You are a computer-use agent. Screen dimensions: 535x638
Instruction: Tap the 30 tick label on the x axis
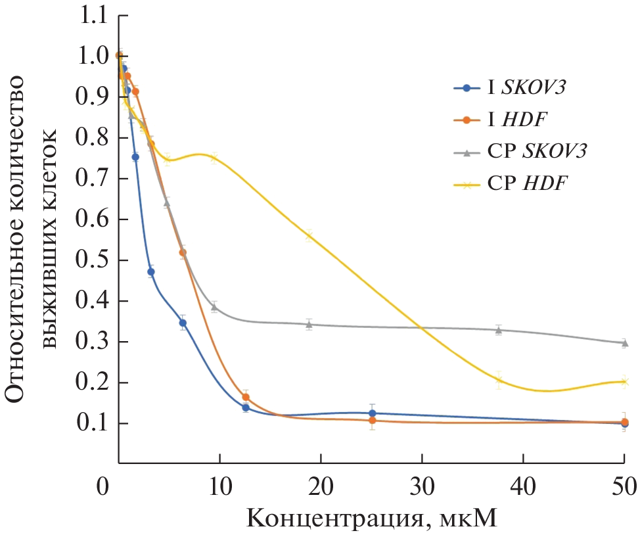pyautogui.click(x=422, y=488)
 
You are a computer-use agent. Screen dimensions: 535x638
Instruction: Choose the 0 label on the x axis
pyautogui.click(x=103, y=488)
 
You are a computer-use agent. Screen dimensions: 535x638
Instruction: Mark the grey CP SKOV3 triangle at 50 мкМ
pyautogui.click(x=624, y=342)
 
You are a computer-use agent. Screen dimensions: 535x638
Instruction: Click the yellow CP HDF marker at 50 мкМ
pyautogui.click(x=624, y=382)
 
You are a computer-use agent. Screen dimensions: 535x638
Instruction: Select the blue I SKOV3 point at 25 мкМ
pyautogui.click(x=372, y=413)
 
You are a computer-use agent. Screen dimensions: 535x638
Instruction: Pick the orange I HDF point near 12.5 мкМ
pyautogui.click(x=246, y=397)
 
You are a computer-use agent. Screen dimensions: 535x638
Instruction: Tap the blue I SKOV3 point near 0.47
pyautogui.click(x=151, y=271)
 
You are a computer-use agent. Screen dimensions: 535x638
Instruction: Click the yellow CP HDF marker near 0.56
pyautogui.click(x=309, y=235)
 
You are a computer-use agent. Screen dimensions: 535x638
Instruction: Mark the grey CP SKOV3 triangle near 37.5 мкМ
pyautogui.click(x=499, y=330)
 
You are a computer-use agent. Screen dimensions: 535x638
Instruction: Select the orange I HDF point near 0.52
pyautogui.click(x=183, y=252)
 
